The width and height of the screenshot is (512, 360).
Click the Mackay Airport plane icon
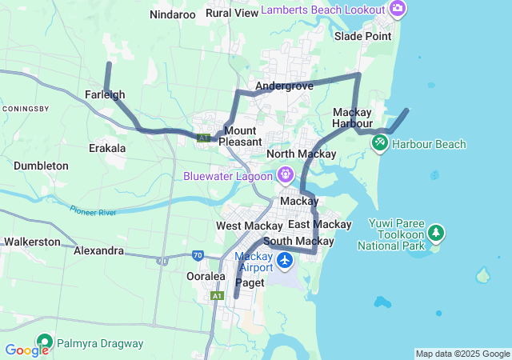285,261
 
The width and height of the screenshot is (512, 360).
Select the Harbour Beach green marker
379,143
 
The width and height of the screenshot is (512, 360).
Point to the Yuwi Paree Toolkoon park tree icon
436,233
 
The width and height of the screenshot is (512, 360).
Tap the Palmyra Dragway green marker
43,343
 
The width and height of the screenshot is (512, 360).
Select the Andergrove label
284,86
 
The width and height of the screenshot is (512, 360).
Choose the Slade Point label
363,36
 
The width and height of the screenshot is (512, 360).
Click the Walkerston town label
32,241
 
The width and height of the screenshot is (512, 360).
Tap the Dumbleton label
41,166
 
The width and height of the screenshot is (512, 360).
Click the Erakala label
107,148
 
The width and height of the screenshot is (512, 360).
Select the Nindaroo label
173,14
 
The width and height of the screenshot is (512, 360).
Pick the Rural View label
232,13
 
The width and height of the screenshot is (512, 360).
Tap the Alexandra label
98,250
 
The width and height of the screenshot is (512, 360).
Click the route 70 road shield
198,256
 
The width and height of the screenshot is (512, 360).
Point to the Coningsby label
26,108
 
